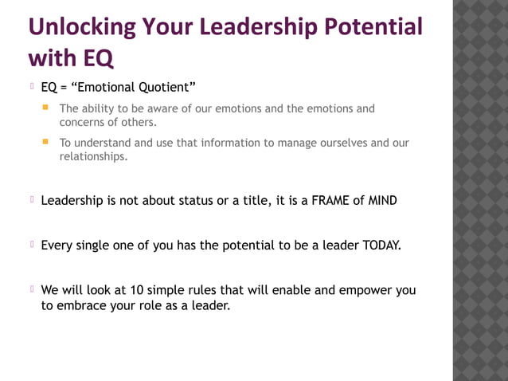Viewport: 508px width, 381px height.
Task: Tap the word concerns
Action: coord(84,122)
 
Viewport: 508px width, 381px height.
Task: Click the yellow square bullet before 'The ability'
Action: coord(47,107)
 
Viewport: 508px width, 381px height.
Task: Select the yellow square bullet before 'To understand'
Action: coord(47,142)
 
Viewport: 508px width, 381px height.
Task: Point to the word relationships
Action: coord(92,156)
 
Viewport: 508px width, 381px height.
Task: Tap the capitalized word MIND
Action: coord(382,201)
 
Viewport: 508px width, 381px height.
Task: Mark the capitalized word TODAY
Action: coord(381,245)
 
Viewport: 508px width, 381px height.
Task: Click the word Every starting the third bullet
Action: coord(57,245)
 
